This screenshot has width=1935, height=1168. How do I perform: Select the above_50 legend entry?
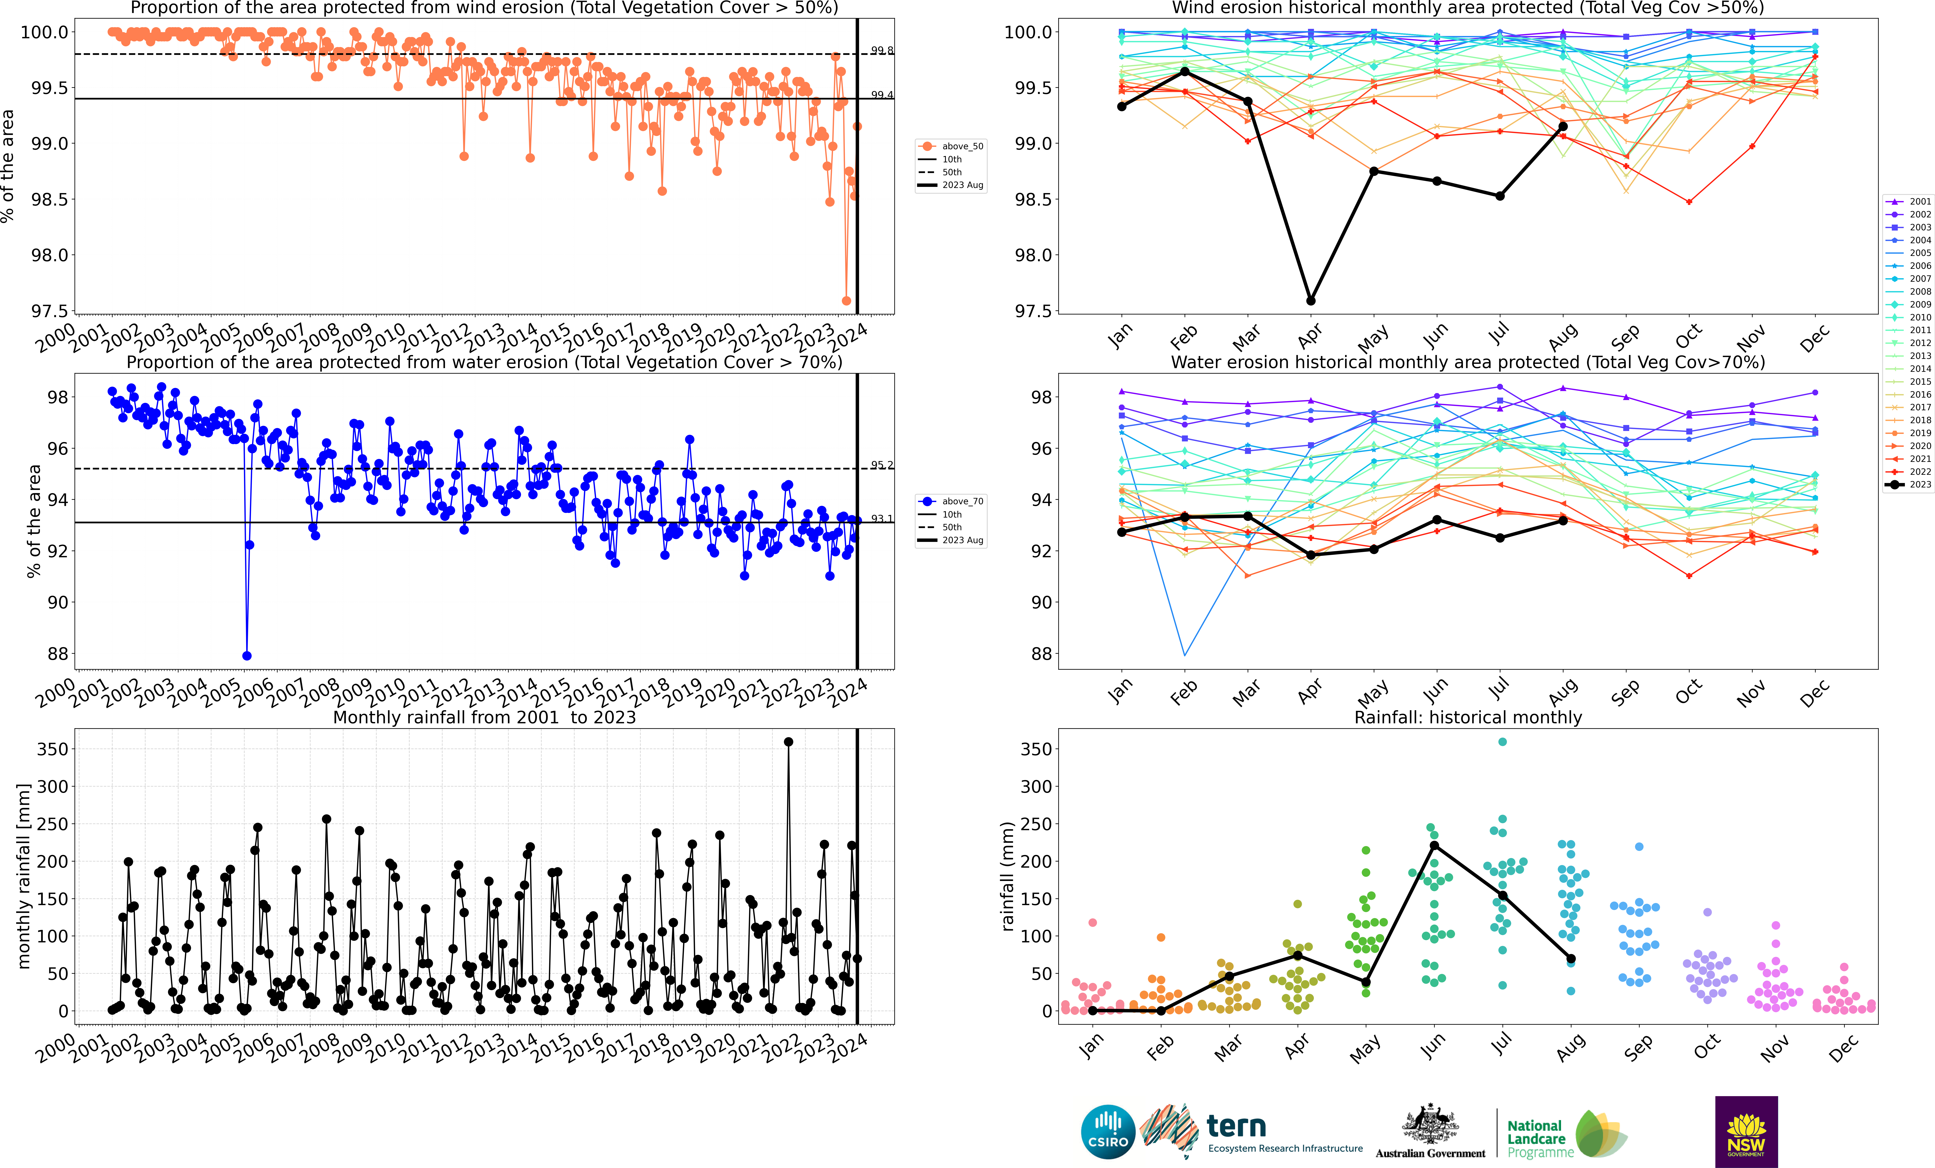pyautogui.click(x=950, y=146)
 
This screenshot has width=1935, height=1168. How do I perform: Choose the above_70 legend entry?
pyautogui.click(x=950, y=501)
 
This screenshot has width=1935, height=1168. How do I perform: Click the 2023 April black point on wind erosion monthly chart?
pyautogui.click(x=1311, y=301)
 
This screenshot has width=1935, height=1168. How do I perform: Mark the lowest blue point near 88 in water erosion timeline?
pyautogui.click(x=247, y=656)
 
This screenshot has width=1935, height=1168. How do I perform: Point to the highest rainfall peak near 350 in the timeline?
pyautogui.click(x=788, y=742)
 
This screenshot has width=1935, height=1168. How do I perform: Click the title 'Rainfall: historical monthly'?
pyautogui.click(x=1468, y=717)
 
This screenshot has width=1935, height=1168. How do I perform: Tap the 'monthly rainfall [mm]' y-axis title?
pyautogui.click(x=24, y=876)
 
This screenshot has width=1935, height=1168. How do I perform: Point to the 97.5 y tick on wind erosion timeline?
pyautogui.click(x=49, y=311)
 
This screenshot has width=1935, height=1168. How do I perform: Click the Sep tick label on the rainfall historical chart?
pyautogui.click(x=1639, y=1048)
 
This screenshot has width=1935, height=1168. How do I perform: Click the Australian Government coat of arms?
pyautogui.click(x=1430, y=1124)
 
